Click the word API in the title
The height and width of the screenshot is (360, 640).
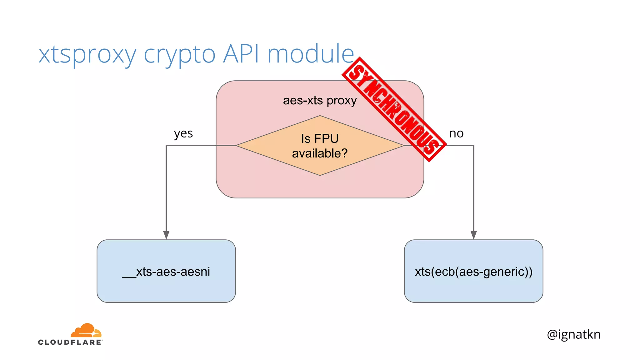(241, 54)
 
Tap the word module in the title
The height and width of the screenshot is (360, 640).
(311, 54)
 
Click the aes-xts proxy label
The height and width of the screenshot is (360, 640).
(320, 101)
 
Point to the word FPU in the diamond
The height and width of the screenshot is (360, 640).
(326, 139)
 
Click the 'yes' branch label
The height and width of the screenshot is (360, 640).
(183, 134)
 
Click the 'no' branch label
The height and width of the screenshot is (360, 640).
(456, 134)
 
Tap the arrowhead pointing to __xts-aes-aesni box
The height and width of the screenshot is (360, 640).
(166, 235)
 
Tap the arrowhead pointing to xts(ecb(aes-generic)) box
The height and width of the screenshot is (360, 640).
(473, 235)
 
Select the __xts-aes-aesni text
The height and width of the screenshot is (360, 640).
(166, 272)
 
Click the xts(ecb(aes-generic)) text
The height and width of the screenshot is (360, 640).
(473, 272)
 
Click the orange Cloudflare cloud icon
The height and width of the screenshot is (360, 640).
(86, 331)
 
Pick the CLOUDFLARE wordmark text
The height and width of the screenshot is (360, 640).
(70, 342)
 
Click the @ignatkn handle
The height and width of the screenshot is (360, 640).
(573, 334)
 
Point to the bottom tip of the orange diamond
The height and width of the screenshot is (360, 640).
(320, 175)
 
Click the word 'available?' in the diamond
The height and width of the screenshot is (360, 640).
(320, 153)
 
